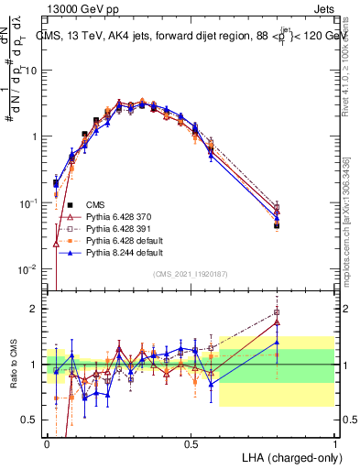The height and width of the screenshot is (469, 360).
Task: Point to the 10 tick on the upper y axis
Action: pyautogui.click(x=33, y=71)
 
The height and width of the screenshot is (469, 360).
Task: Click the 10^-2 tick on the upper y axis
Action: pyautogui.click(x=30, y=269)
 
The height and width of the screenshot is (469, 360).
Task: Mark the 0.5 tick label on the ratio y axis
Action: pyautogui.click(x=33, y=420)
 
